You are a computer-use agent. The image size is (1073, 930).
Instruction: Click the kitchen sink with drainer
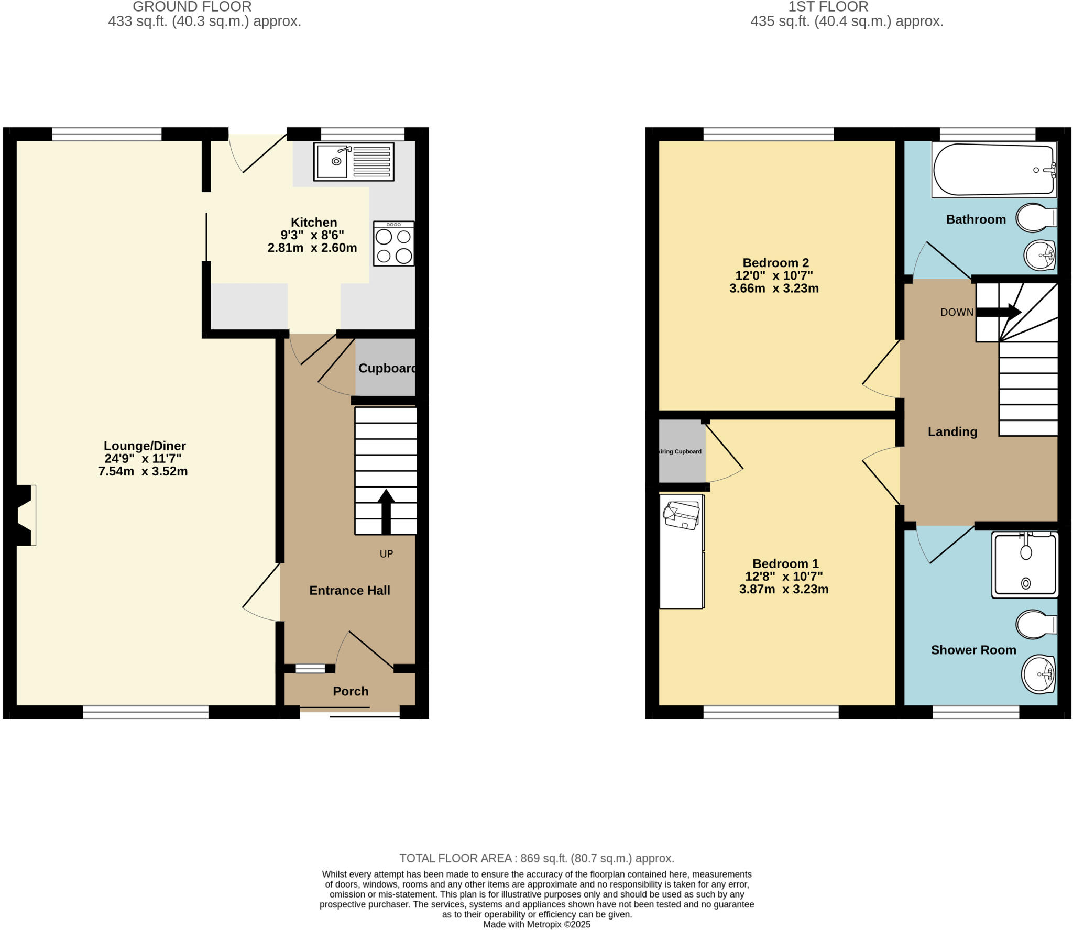tap(354, 162)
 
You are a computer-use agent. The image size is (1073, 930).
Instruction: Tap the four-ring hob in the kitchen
tap(394, 244)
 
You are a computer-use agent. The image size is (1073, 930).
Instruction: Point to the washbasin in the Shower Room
tap(1038, 674)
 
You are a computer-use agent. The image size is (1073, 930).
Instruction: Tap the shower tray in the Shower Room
tap(1025, 564)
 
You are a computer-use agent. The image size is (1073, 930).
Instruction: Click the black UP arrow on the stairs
tap(386, 511)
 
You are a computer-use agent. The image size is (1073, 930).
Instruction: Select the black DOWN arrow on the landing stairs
tap(999, 312)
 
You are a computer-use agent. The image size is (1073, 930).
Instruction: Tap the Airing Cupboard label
tap(680, 451)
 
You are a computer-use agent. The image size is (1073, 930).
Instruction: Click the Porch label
tap(351, 691)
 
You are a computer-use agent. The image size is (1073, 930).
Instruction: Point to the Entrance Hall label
tap(349, 591)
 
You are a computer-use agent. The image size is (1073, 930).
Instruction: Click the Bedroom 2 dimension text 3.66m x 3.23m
tap(774, 288)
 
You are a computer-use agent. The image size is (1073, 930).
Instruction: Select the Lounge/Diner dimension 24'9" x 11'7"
tap(143, 459)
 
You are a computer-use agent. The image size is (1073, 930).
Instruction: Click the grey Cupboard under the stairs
tap(386, 368)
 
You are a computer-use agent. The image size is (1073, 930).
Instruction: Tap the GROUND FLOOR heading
tap(192, 7)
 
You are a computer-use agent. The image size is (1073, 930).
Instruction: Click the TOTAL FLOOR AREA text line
tap(536, 858)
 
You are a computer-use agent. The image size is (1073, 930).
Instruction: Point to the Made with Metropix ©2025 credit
tap(536, 924)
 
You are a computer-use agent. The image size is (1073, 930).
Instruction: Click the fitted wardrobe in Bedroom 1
tap(681, 552)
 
